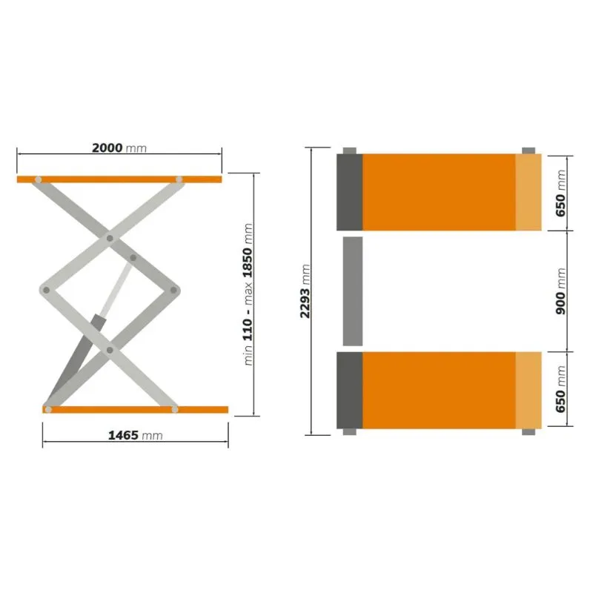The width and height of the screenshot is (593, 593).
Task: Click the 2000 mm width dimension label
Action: click(119, 148)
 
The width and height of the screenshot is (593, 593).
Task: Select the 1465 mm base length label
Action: click(136, 435)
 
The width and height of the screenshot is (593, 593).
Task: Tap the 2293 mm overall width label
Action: click(305, 291)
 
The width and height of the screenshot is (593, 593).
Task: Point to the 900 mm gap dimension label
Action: click(561, 291)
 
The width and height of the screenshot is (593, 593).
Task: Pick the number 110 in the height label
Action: click(248, 329)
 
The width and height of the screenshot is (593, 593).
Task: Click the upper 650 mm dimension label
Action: click(561, 193)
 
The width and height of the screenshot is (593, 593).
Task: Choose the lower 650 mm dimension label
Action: click(561, 389)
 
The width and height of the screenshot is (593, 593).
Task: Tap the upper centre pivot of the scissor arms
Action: click(110, 238)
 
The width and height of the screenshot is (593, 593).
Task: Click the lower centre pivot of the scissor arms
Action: click(110, 350)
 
